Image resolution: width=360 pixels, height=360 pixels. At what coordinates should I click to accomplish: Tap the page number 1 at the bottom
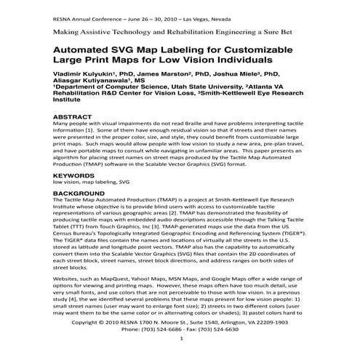(x=180, y=340)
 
